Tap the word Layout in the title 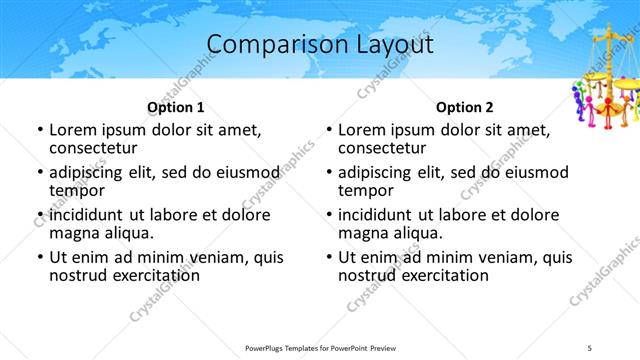click(x=391, y=45)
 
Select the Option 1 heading click(x=176, y=107)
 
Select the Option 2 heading click(x=465, y=107)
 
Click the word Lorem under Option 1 click(x=75, y=130)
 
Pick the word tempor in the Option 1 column click(x=75, y=190)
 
